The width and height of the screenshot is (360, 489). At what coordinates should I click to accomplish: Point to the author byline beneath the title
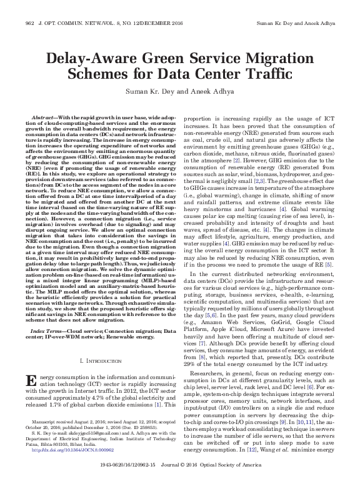pyautogui.click(x=180, y=92)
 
